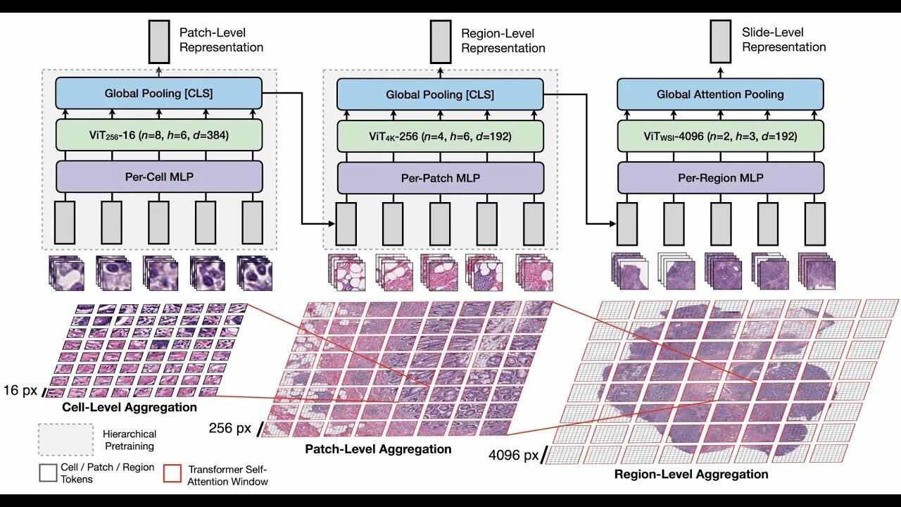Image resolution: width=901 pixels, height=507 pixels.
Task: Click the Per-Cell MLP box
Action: click(158, 177)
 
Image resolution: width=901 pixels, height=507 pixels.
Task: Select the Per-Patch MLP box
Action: click(440, 178)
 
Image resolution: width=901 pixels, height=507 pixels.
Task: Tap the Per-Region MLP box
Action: click(720, 178)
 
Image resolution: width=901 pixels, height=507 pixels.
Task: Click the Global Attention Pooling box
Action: click(720, 94)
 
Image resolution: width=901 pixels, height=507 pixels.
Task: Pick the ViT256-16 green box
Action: click(158, 135)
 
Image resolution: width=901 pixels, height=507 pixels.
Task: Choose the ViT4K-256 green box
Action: click(440, 136)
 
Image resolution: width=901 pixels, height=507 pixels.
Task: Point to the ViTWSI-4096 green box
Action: click(720, 136)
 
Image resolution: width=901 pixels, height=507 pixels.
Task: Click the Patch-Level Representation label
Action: click(221, 40)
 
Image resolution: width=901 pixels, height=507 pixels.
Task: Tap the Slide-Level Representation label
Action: click(783, 39)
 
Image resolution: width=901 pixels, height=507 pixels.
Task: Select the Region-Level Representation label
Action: click(503, 40)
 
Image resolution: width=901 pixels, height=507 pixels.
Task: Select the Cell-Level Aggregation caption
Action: click(130, 407)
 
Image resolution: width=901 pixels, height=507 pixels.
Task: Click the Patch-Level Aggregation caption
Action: click(378, 449)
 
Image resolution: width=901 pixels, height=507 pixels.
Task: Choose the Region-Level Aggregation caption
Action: click(691, 474)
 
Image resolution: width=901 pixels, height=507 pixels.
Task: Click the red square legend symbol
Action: click(172, 473)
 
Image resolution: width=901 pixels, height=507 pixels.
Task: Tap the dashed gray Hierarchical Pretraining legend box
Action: click(66, 439)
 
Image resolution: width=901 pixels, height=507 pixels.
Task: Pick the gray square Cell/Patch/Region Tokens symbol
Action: click(49, 472)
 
